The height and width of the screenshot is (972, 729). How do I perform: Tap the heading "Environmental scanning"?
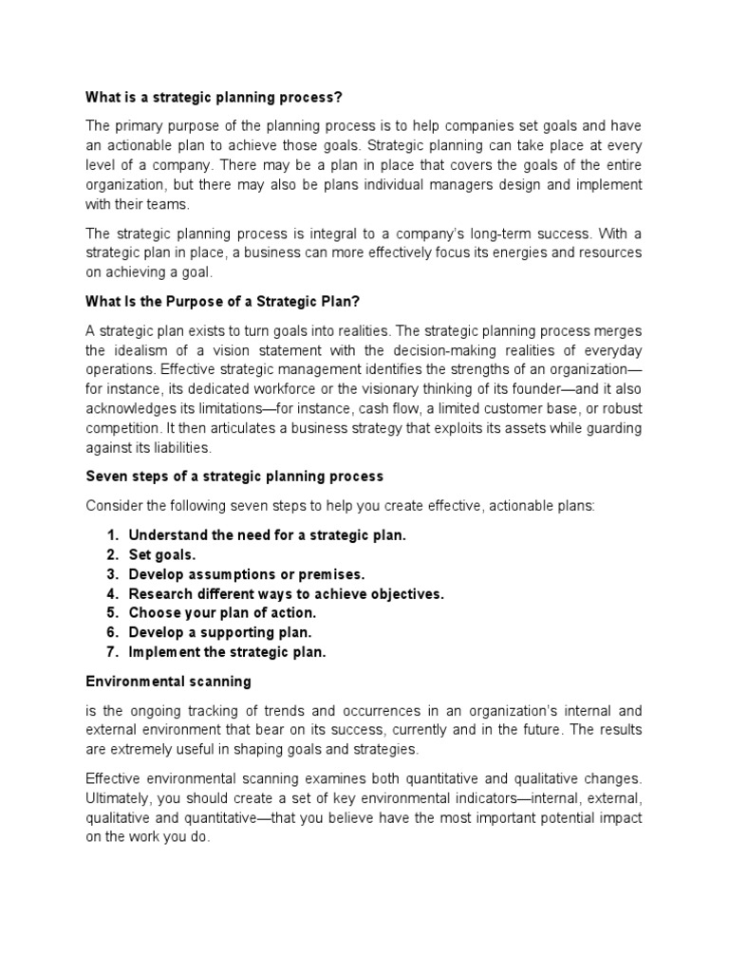click(168, 681)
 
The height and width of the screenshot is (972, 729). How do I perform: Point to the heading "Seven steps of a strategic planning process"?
click(234, 476)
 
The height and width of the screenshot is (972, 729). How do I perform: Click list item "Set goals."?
click(162, 554)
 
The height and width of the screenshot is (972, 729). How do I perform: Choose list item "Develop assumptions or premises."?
click(246, 574)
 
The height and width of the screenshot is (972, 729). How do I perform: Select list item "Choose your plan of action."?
click(222, 613)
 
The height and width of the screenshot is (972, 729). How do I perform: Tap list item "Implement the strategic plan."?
click(227, 652)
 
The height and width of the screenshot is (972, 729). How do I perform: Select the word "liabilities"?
click(180, 448)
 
